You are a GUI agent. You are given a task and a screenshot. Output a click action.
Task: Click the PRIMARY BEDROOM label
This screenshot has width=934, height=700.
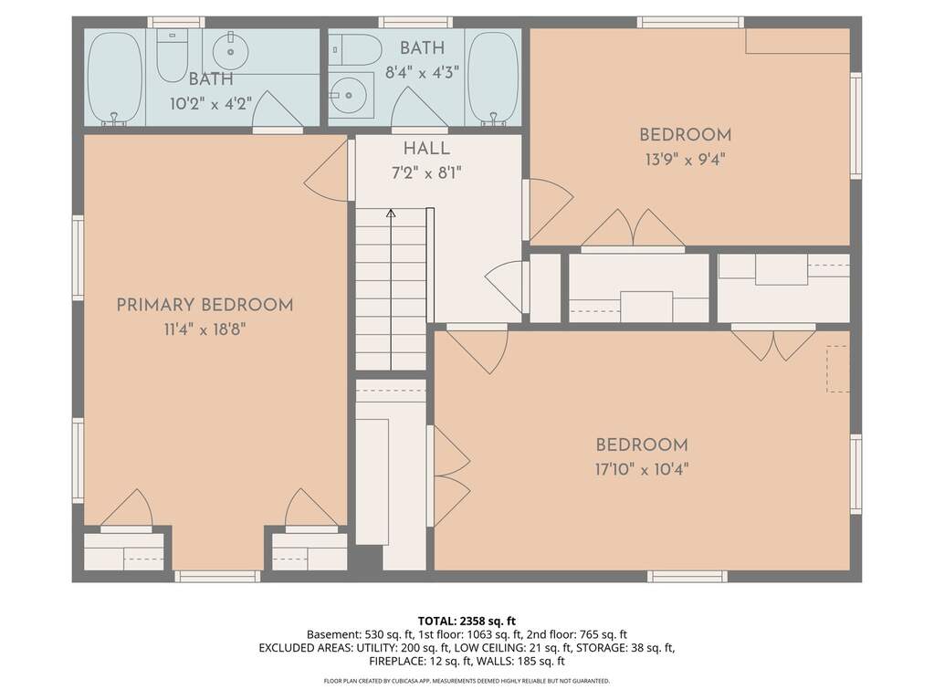[x=205, y=306]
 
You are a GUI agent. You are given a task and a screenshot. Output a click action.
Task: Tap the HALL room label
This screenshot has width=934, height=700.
[x=426, y=149]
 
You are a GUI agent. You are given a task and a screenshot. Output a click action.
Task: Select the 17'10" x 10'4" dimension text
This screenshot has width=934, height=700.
[x=642, y=470]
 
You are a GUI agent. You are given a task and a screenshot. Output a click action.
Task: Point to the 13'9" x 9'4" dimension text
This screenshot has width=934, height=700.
[x=685, y=160]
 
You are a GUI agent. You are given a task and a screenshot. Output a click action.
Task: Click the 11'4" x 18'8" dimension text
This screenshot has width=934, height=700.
[x=205, y=329]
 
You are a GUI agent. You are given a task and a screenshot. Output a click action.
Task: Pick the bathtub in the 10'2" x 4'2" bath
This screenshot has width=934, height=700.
[x=116, y=78]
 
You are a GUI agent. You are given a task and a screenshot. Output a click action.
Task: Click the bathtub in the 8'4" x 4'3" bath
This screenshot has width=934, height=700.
[x=493, y=78]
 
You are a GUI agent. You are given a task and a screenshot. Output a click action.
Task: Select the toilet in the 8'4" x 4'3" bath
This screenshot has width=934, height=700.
[x=356, y=50]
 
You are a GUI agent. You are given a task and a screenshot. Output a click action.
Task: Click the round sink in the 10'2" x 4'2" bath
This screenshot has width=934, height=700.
[x=230, y=50]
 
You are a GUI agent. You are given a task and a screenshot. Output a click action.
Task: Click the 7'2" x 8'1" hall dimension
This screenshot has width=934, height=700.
[x=426, y=173]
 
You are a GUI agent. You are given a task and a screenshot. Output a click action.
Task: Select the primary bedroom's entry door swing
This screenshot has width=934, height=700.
[x=326, y=172]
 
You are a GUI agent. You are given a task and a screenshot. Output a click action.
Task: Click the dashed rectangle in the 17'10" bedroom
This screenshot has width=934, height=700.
[x=838, y=369]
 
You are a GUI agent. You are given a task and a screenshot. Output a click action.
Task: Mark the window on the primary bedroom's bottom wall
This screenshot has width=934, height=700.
[x=217, y=576]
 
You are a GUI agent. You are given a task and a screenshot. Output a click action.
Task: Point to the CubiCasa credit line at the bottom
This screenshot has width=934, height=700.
[x=467, y=681]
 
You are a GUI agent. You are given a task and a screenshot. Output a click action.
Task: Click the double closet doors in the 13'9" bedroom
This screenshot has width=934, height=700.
[x=633, y=228]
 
